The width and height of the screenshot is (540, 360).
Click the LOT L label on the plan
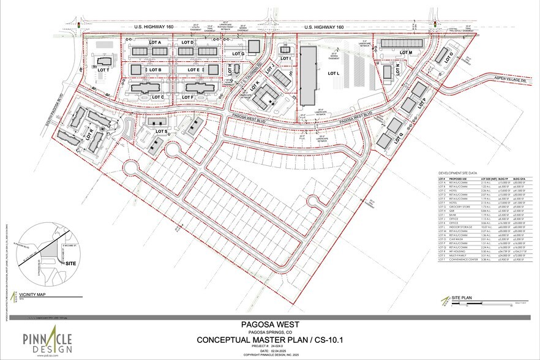[333, 73]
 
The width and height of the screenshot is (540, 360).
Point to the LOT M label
[407, 53]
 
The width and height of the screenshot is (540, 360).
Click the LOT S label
[162, 132]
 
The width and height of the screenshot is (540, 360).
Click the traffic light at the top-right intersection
[435, 23]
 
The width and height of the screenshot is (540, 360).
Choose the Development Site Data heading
[457, 174]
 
